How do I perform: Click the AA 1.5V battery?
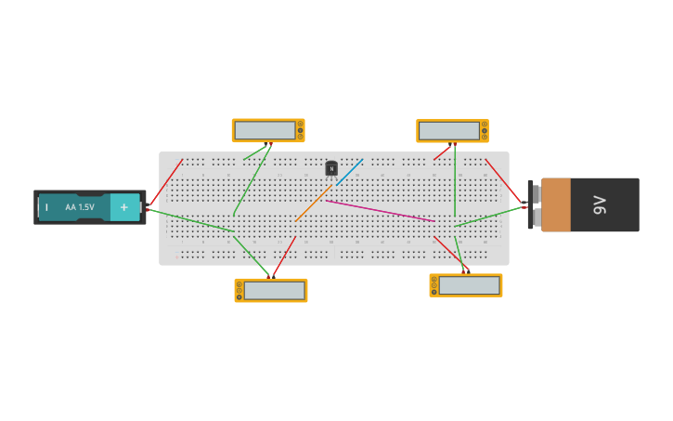coord(89,207)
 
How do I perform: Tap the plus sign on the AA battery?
coord(124,207)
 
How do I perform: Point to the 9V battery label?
coord(600,204)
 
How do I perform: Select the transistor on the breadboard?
coord(331,168)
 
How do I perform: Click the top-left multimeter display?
coord(265,130)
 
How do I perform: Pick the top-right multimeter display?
coord(448,131)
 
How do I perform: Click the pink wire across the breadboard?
coord(381,211)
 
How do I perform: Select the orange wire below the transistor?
coord(314,203)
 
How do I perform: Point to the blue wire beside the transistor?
coord(350,171)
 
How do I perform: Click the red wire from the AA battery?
coord(165,183)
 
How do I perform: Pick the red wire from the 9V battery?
coord(503,180)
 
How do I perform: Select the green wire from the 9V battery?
coord(489,216)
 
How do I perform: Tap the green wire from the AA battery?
coord(190,220)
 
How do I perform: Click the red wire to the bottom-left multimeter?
coord(283,257)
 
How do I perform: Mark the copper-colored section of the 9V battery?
coord(556,204)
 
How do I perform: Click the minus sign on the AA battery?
coord(46,207)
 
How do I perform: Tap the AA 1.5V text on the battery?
coord(80,207)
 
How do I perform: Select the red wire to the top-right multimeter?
coord(442,152)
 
